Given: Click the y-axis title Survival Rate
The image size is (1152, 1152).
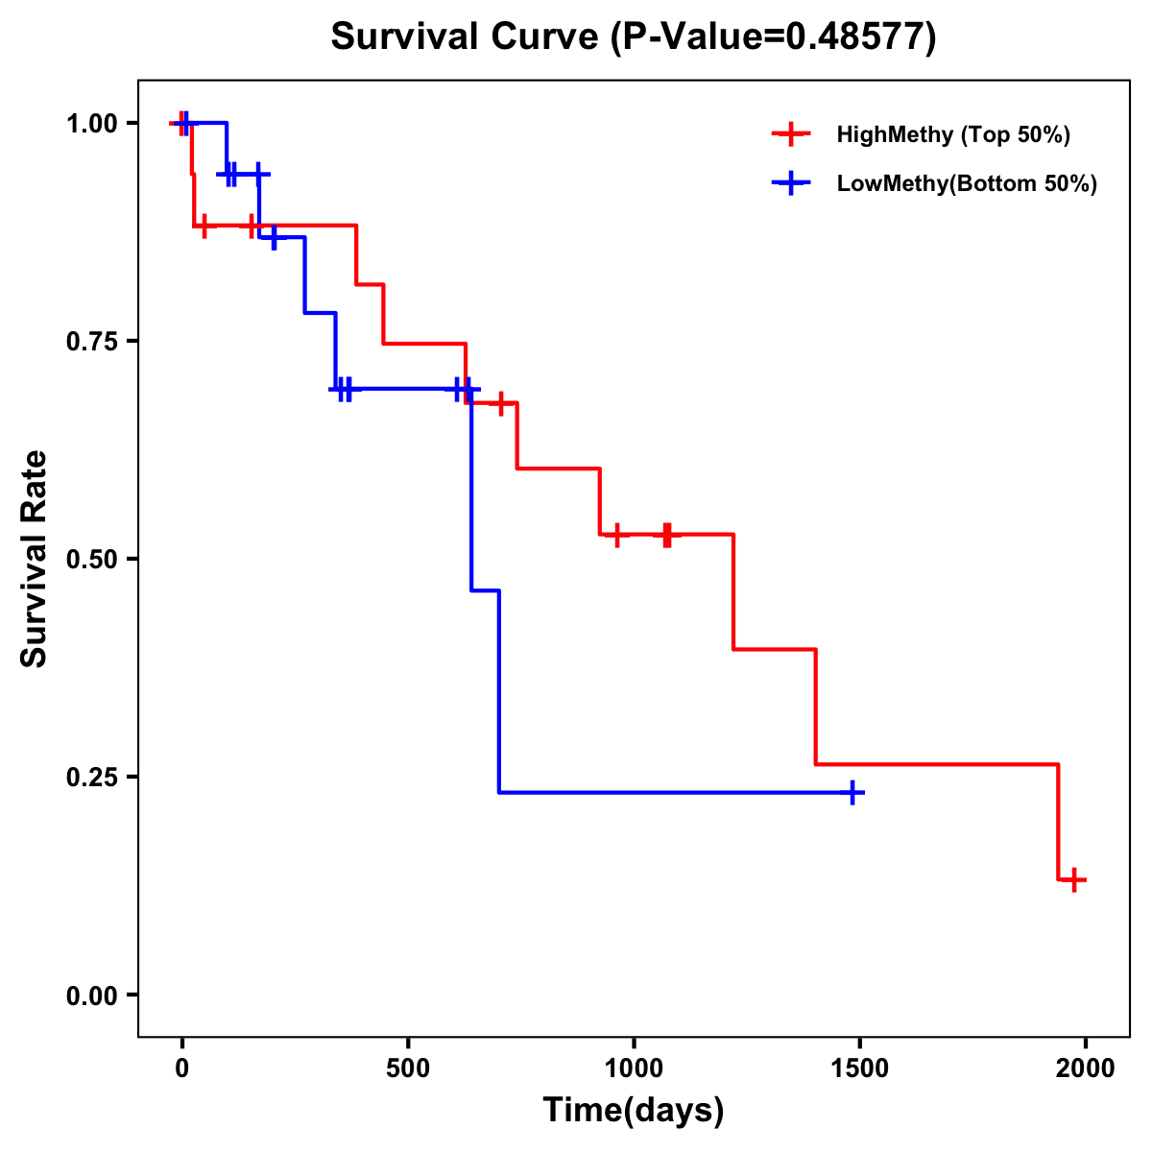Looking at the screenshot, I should tap(35, 559).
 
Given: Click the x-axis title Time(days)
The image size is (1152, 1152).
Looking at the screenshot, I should tap(634, 1110).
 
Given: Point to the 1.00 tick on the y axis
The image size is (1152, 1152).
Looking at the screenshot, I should tap(92, 124).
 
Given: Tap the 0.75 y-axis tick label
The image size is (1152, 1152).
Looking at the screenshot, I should tap(92, 342).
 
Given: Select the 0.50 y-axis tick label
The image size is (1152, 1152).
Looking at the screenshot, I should tap(92, 560).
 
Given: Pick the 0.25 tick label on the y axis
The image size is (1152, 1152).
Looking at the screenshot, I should tap(92, 778).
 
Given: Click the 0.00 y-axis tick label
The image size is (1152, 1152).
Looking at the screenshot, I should tap(92, 996).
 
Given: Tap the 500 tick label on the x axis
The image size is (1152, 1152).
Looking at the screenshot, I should tap(408, 1068).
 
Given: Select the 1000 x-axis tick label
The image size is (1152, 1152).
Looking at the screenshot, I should tap(634, 1068).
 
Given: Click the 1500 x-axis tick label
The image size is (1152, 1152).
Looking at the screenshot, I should tap(859, 1068).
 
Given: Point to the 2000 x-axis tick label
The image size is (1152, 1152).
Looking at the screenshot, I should tap(1086, 1068).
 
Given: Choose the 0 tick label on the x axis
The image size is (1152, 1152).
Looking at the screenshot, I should tap(182, 1068).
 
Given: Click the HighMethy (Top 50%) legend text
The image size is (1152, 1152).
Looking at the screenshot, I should tap(953, 134).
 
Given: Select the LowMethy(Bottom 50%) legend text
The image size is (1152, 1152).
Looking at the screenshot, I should tap(967, 183).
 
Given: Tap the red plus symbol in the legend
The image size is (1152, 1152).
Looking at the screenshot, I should tap(790, 134).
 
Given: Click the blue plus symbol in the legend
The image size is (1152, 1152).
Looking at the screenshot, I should tap(790, 183).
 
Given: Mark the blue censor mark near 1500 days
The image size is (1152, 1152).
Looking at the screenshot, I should tap(852, 793).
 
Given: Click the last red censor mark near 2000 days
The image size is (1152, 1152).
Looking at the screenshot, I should tap(1074, 879).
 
